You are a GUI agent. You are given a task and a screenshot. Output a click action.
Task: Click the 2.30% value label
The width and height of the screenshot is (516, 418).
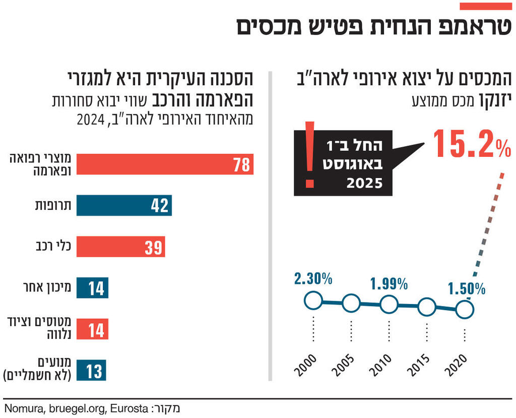tap(312, 278)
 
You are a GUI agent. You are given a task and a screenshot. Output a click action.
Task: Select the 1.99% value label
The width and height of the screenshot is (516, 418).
tap(389, 284)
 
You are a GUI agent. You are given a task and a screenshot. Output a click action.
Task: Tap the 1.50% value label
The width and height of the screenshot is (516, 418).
tap(467, 289)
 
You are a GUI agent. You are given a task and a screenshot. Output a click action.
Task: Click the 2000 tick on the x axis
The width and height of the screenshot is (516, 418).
tap(305, 366)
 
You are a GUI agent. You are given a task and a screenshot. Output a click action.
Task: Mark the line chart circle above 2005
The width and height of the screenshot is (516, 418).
tap(351, 304)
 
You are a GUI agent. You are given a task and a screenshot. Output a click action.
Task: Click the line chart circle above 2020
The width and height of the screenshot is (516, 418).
tap(464, 310)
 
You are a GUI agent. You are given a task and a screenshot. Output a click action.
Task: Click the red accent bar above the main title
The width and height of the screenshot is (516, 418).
tap(486, 6)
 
